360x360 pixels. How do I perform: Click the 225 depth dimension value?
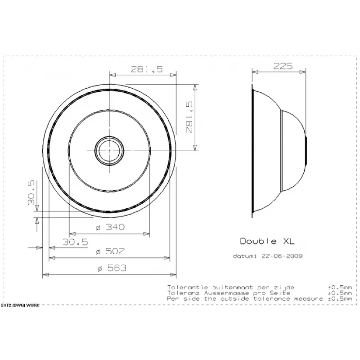(283, 66)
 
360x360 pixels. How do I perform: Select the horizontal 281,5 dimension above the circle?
(147, 69)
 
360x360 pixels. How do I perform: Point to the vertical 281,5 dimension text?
(189, 117)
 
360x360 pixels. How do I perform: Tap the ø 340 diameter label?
(110, 227)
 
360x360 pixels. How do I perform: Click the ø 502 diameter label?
(110, 251)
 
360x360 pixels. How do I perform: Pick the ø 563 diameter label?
(112, 268)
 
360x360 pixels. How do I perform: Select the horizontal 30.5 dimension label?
(75, 242)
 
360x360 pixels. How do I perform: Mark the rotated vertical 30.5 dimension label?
(31, 193)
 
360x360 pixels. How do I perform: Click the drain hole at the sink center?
(109, 151)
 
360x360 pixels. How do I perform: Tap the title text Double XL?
(267, 241)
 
